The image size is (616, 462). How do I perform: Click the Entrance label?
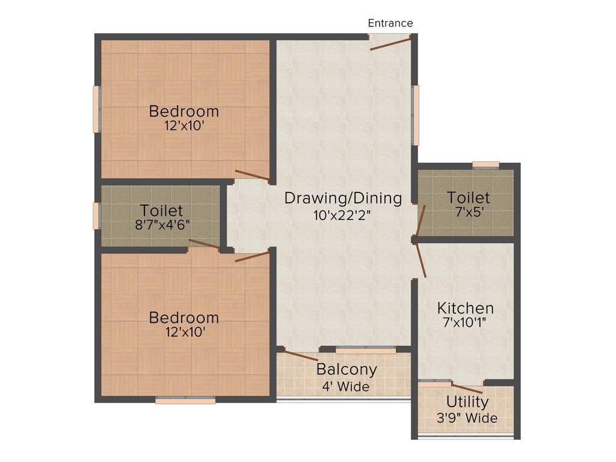tap(390, 23)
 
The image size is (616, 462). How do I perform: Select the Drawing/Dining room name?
tap(343, 198)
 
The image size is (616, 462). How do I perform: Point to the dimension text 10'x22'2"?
tap(343, 215)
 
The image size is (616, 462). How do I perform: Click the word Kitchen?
tap(465, 308)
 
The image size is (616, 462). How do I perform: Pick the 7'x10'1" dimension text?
tap(465, 322)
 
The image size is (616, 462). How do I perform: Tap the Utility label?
tap(467, 402)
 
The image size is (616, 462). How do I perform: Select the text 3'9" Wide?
tap(467, 417)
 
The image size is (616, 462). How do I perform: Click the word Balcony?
tap(346, 369)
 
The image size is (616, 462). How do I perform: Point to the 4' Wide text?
tap(346, 386)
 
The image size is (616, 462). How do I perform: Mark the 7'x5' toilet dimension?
tap(468, 212)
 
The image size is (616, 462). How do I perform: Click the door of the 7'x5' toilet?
tap(420, 221)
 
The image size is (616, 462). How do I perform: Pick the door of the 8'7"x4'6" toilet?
tap(204, 244)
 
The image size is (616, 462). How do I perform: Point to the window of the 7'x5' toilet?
tap(485, 164)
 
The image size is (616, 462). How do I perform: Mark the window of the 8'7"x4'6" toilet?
tap(96, 215)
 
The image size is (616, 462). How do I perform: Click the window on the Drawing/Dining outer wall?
tap(416, 115)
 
